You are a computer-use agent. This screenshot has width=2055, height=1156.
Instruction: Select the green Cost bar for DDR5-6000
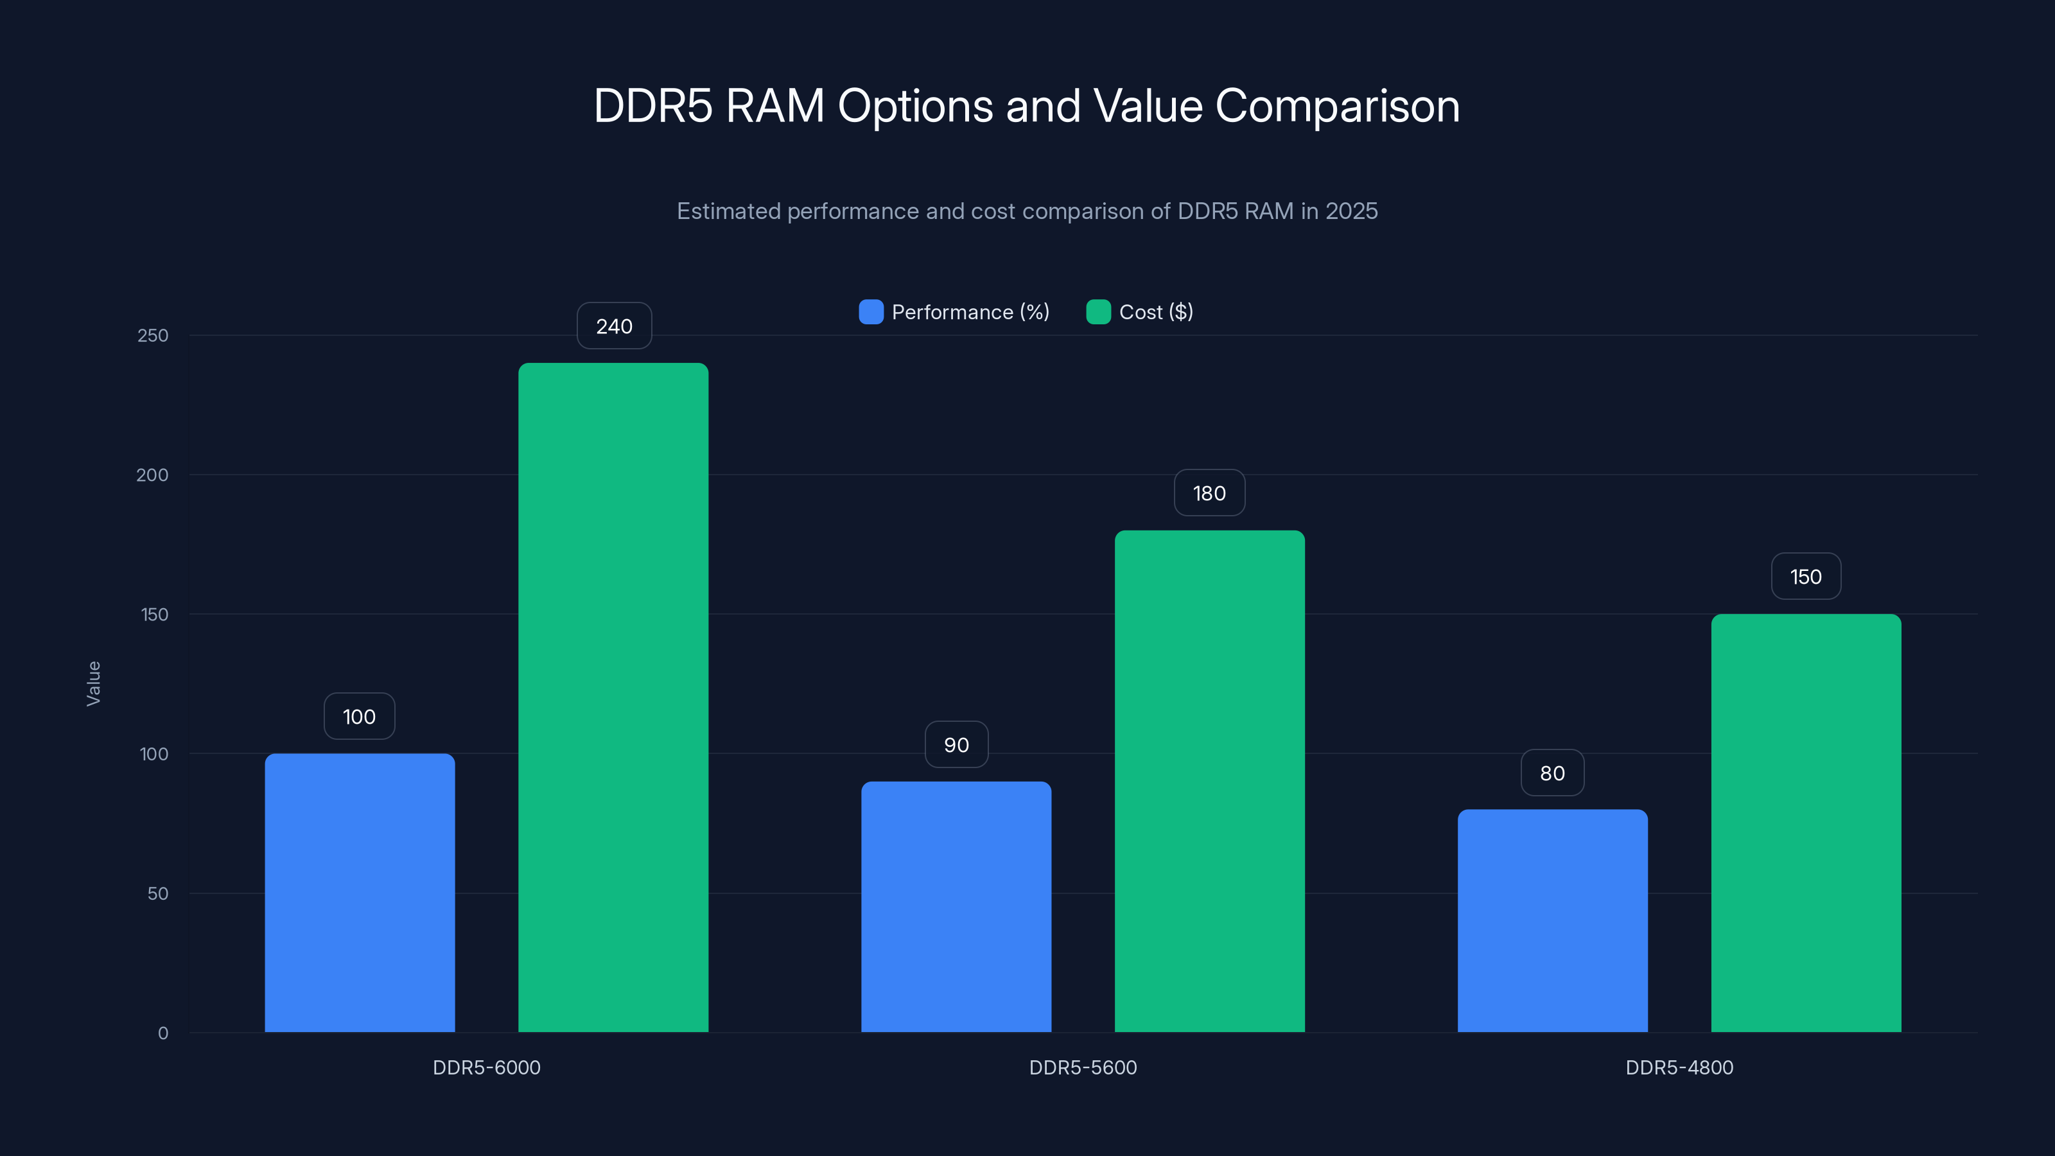pyautogui.click(x=613, y=697)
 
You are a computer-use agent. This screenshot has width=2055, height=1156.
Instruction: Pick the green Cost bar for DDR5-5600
pyautogui.click(x=1209, y=781)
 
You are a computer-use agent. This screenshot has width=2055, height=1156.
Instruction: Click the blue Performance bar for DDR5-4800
pyautogui.click(x=1552, y=921)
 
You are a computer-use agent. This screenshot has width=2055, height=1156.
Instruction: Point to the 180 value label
pyautogui.click(x=1209, y=493)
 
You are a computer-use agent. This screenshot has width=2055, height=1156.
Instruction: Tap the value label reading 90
pyautogui.click(x=956, y=744)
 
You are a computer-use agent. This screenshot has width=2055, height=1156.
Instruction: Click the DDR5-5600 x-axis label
pyautogui.click(x=1083, y=1067)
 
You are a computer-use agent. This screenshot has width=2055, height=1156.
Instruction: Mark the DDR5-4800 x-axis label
pyautogui.click(x=1679, y=1067)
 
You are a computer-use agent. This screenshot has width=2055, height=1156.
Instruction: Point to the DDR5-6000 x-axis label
pyautogui.click(x=486, y=1067)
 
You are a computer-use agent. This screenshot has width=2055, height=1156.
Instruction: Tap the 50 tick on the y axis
pyautogui.click(x=157, y=893)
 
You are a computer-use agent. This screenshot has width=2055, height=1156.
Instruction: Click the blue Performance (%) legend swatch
pyautogui.click(x=870, y=312)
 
